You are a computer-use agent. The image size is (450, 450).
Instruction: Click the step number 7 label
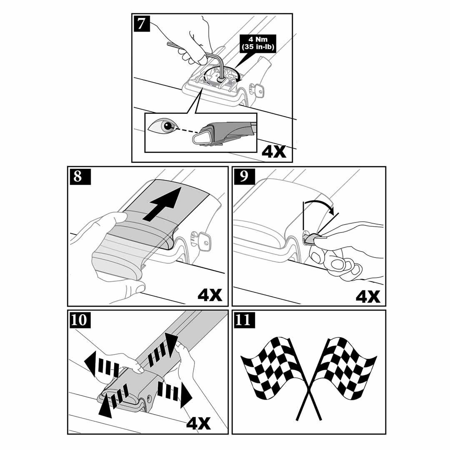142,23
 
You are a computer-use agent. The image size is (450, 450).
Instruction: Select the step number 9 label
244,177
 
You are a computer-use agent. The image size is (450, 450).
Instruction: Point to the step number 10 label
79,320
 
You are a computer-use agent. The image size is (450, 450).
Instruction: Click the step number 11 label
244,320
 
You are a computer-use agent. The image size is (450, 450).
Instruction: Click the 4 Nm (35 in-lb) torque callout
258,43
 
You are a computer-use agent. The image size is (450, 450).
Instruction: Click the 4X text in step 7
274,152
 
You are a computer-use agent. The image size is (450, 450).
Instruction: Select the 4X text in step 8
210,295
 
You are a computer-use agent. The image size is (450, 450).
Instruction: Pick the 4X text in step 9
368,297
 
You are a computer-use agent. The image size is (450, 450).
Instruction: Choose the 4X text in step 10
198,423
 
